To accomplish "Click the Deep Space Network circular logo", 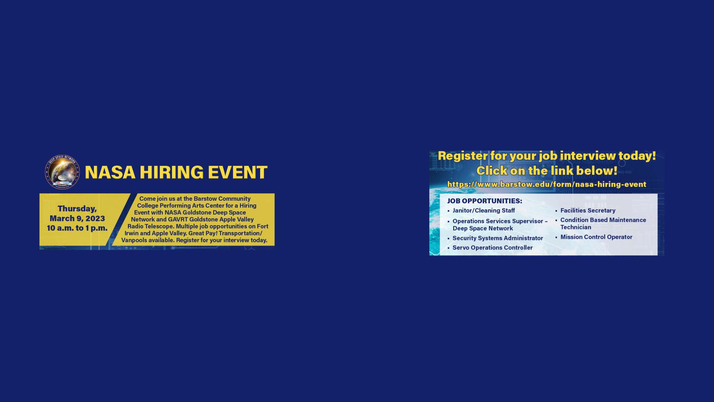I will click(x=62, y=172).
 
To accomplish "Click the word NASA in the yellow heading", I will click(x=110, y=172).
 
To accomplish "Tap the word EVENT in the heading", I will click(x=237, y=172).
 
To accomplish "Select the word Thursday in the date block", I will click(x=77, y=209).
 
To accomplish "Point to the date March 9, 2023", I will click(x=77, y=219).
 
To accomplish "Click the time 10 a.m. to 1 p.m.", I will click(x=77, y=228).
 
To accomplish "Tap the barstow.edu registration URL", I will click(x=546, y=184).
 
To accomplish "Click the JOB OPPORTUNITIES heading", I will click(x=484, y=201).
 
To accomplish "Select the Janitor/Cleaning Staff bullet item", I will click(x=483, y=210).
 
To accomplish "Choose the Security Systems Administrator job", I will click(x=498, y=238).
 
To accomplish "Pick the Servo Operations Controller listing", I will click(x=492, y=248).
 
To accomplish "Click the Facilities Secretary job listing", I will click(x=588, y=210).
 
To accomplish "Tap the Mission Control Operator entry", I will click(x=596, y=237).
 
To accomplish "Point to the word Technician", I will click(x=575, y=227).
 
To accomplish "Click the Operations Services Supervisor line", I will click(x=500, y=221).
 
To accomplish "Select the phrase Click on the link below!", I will click(x=546, y=171).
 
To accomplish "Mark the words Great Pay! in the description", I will click(x=203, y=233).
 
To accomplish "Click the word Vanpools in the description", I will click(x=134, y=240).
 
